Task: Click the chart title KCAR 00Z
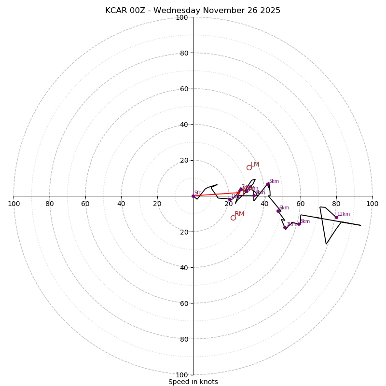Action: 193,11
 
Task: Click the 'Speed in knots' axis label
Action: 193,382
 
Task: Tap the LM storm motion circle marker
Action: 249,168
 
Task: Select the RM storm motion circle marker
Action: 233,218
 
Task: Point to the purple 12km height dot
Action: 336,217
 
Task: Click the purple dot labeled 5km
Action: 268,184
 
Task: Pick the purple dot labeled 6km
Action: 278,211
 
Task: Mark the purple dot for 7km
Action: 285,227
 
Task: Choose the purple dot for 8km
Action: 299,224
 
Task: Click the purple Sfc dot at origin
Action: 193,196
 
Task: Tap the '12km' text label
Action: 344,214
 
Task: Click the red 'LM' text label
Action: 255,165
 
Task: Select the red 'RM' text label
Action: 239,214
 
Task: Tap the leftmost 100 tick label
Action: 14,204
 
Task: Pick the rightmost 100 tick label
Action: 372,204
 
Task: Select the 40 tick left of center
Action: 121,204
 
